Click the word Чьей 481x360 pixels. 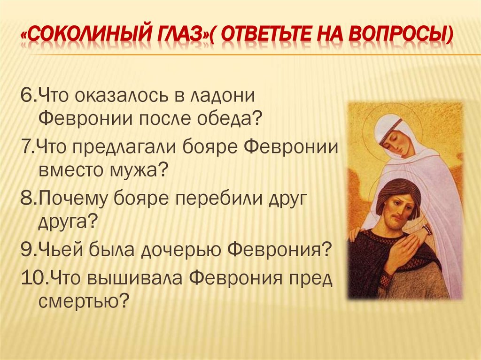tap(61, 249)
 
